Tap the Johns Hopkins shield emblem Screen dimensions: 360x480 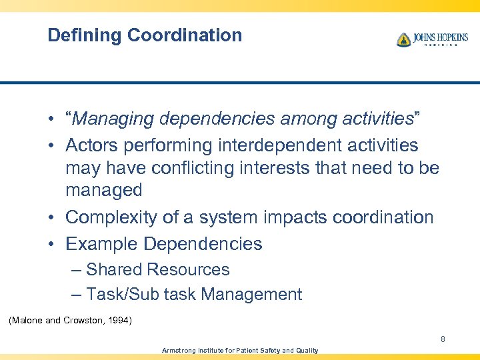(x=403, y=40)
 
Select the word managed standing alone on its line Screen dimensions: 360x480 (x=103, y=191)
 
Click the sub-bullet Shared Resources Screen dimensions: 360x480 (x=157, y=270)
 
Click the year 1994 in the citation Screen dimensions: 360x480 (x=119, y=321)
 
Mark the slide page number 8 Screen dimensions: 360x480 (x=442, y=339)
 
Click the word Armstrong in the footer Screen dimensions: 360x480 (x=179, y=350)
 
